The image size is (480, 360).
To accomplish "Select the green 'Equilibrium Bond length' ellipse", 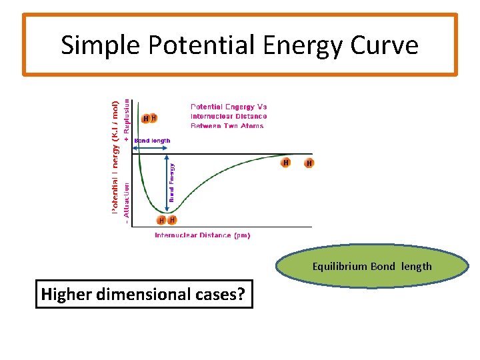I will [372, 267].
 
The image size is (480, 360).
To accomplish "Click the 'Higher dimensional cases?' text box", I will [145, 294].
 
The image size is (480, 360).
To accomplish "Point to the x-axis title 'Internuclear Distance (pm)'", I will [202, 235].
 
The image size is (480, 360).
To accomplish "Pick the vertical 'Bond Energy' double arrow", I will [165, 182].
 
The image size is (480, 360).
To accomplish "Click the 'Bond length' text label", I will [152, 141].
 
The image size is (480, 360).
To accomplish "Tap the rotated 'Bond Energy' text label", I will [172, 182].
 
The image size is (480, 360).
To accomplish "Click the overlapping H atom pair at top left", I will [149, 119].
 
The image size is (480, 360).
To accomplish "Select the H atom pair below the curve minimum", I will [167, 220].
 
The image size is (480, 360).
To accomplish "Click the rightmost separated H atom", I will [309, 163].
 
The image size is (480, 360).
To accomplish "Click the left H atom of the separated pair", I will [286, 163].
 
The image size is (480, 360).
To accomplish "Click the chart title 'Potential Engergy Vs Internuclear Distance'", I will [229, 116].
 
